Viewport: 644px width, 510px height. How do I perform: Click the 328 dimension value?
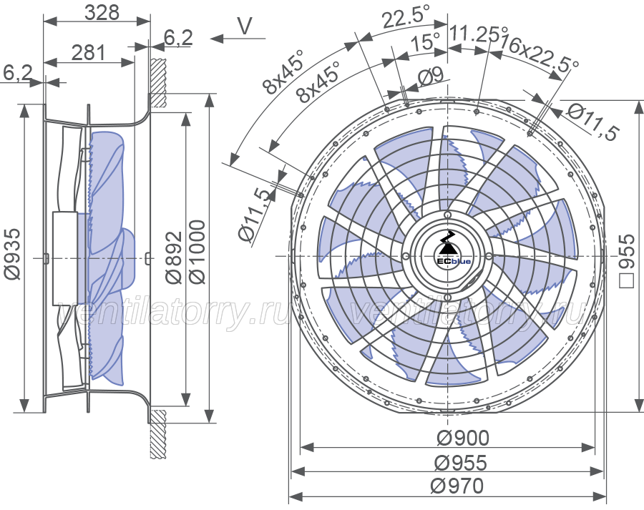pyautogui.click(x=102, y=12)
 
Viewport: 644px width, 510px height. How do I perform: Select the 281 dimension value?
pyautogui.click(x=88, y=53)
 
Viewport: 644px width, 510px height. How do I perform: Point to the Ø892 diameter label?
pyautogui.click(x=174, y=257)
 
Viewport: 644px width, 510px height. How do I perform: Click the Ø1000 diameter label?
pyautogui.click(x=197, y=251)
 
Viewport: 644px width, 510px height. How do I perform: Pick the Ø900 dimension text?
pyautogui.click(x=463, y=438)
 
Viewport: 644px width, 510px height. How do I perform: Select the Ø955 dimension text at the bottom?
pyautogui.click(x=461, y=463)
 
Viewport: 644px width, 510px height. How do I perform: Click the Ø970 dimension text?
pyautogui.click(x=457, y=486)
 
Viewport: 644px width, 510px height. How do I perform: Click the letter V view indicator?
pyautogui.click(x=245, y=26)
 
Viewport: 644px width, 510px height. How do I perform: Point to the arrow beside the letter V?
pyautogui.click(x=238, y=39)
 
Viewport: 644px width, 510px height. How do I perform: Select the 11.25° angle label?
pyautogui.click(x=478, y=34)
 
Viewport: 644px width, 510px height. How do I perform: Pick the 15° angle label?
pyautogui.click(x=424, y=41)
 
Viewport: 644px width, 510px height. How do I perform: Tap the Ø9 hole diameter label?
pyautogui.click(x=431, y=75)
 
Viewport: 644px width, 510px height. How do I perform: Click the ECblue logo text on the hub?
pyautogui.click(x=454, y=262)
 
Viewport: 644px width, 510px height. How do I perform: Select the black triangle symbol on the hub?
pyautogui.click(x=447, y=249)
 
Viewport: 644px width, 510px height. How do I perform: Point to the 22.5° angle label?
pyautogui.click(x=406, y=17)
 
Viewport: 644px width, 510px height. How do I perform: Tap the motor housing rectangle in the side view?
pyautogui.click(x=65, y=258)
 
